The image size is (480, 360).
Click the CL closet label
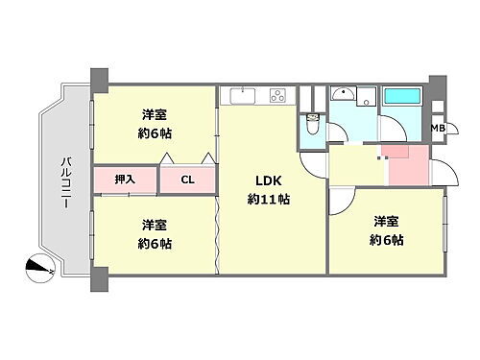pyautogui.click(x=188, y=179)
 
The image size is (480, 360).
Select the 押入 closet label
pyautogui.click(x=125, y=179)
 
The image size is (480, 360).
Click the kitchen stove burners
pyautogui.click(x=278, y=96)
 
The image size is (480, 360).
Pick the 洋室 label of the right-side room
pyautogui.click(x=388, y=222)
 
